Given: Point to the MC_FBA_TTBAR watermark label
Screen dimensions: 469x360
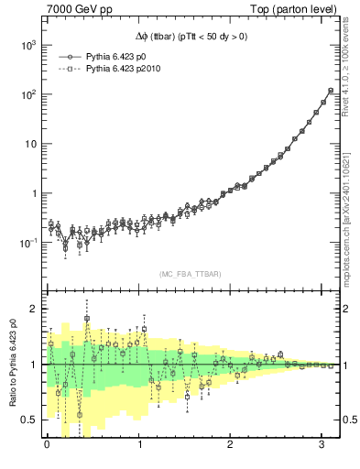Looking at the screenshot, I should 191,274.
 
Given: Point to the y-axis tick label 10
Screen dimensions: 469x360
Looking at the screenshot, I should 30,144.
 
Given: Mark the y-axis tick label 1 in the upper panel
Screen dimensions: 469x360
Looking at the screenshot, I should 35,193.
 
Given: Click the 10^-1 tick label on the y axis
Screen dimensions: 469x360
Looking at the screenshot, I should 27,243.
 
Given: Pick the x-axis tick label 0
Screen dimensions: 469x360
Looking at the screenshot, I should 47,444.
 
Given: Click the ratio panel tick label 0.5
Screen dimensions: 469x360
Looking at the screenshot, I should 31,420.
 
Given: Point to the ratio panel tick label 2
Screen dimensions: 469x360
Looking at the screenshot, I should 36,309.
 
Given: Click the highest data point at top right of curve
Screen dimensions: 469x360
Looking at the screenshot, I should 331,91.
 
